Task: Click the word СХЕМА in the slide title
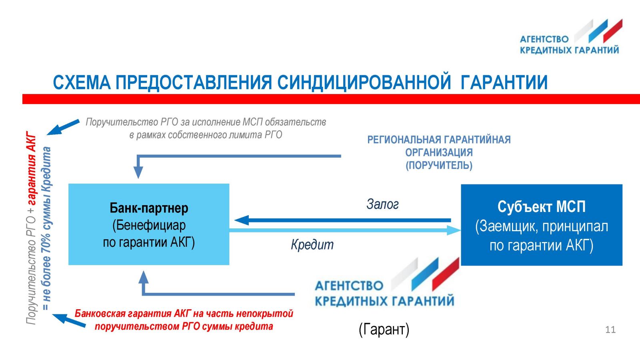point(82,82)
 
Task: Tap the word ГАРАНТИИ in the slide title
point(504,82)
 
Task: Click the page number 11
point(610,330)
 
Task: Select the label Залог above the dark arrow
point(382,204)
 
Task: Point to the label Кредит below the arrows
point(312,245)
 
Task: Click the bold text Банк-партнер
point(149,208)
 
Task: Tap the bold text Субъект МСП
point(542,206)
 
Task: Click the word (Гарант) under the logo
point(384,330)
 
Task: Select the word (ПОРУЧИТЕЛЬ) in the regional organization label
point(439,166)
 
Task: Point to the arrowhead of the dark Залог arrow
point(242,220)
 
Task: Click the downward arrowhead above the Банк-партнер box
point(138,172)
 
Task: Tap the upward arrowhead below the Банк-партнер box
point(144,277)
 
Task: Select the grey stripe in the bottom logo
point(404,274)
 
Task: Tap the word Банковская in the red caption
point(100,314)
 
